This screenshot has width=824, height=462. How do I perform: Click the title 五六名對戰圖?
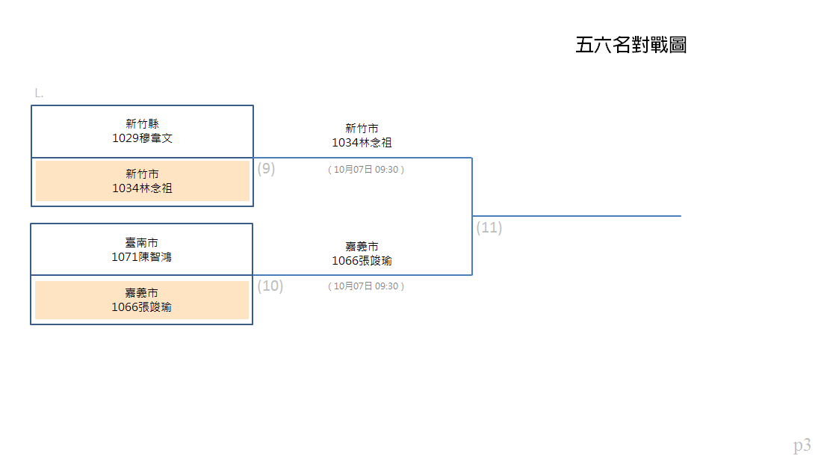point(631,45)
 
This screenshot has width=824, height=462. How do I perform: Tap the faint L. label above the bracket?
point(39,93)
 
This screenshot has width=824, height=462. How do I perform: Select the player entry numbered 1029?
point(142,138)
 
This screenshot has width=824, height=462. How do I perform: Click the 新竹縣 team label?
point(142,123)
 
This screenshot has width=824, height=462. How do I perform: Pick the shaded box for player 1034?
point(143,181)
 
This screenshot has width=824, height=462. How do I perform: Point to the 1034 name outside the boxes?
point(362,143)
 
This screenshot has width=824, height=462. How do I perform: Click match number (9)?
point(266,169)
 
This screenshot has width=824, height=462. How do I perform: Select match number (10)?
point(270,286)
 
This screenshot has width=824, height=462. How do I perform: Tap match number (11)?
point(489,227)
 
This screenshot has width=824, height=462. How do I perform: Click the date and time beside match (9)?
point(366,169)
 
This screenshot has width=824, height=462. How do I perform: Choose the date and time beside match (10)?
point(366,286)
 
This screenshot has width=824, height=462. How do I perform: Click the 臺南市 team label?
point(141,242)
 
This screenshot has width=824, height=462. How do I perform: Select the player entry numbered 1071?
point(141,257)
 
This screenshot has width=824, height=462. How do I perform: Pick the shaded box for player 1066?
point(142,300)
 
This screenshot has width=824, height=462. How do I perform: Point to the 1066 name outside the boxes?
point(362,261)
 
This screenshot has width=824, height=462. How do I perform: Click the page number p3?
point(802,446)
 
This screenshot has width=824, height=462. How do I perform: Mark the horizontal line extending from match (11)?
point(577,215)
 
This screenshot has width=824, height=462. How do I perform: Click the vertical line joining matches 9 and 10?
point(472,216)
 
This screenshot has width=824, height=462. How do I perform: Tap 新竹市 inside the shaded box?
point(142,174)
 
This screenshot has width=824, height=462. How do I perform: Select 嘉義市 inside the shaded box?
point(141,293)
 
